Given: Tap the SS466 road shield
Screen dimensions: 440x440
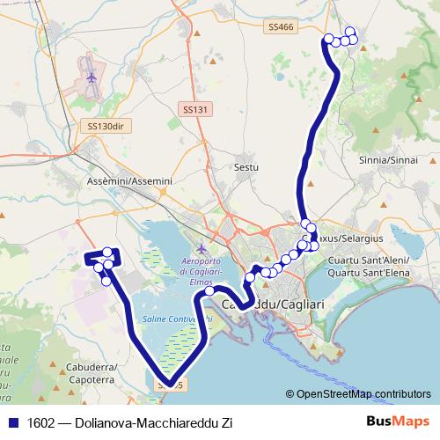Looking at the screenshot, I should coord(281,27).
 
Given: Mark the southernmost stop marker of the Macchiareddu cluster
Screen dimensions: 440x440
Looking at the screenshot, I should coord(106,281).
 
